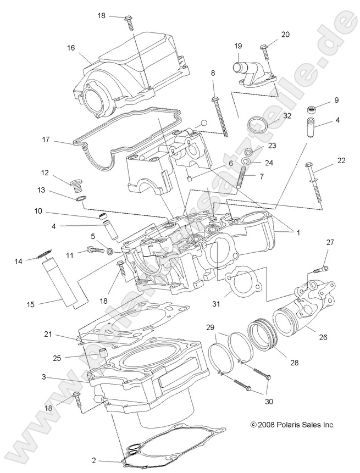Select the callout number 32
[287, 116]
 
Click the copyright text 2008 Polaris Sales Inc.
[292, 425]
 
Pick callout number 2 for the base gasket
[94, 460]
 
